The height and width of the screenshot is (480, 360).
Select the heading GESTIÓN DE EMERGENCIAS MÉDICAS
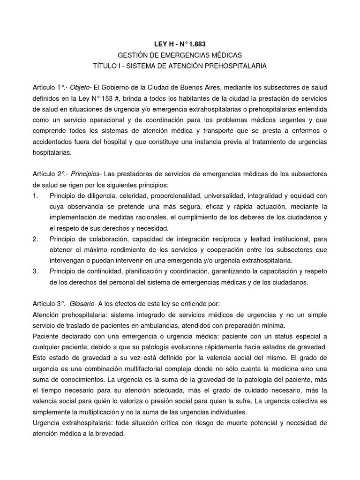180,55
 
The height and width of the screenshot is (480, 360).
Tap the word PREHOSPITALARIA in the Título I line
237,66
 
